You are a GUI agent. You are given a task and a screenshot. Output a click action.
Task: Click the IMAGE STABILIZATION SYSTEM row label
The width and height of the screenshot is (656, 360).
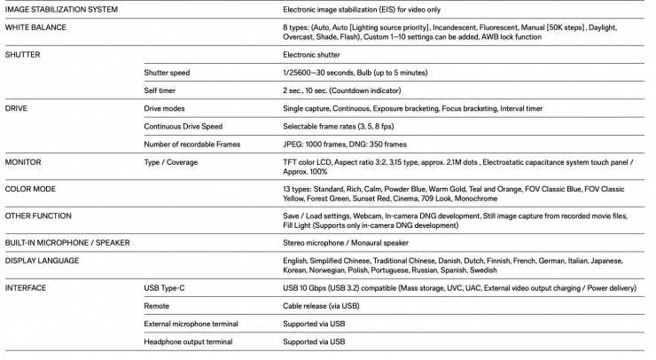(x=62, y=10)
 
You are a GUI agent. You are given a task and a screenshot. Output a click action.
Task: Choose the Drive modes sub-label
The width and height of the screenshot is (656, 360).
(x=165, y=108)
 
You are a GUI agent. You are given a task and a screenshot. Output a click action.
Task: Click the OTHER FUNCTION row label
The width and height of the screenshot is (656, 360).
(x=39, y=215)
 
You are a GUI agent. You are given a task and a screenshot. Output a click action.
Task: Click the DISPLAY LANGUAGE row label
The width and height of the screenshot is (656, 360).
(x=43, y=261)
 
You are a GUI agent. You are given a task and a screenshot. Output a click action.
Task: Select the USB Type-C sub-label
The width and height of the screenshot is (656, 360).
(x=167, y=288)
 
